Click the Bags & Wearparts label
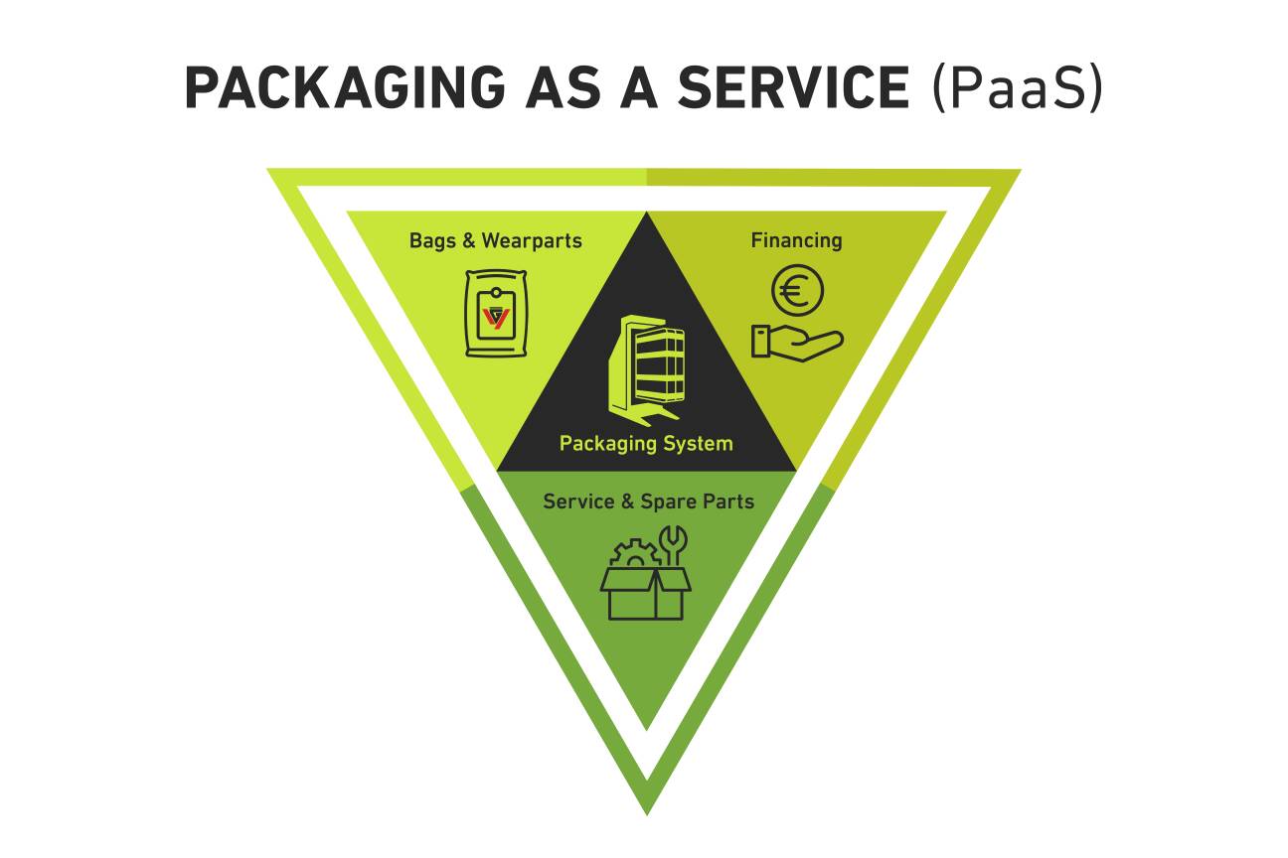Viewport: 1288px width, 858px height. [x=495, y=240]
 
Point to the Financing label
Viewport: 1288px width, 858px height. [x=796, y=240]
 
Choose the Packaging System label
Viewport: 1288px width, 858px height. [x=646, y=443]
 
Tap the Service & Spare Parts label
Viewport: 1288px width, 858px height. [x=648, y=501]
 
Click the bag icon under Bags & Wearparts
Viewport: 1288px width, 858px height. [x=494, y=314]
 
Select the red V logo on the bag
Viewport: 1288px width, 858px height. [x=495, y=319]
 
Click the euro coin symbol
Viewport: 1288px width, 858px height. [x=797, y=292]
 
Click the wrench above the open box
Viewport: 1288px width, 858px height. [x=675, y=544]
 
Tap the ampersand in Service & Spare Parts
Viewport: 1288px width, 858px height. [x=627, y=501]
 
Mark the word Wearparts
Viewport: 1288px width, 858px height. [x=532, y=240]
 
